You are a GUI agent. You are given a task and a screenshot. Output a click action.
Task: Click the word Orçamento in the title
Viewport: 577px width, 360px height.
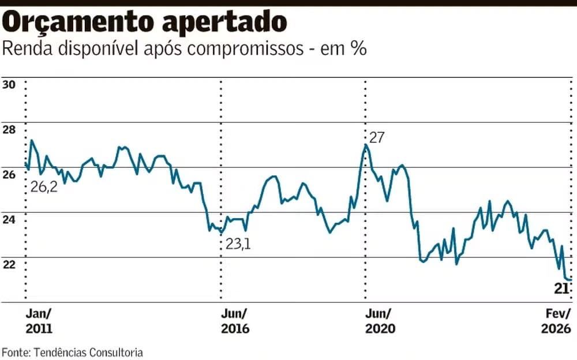(78, 22)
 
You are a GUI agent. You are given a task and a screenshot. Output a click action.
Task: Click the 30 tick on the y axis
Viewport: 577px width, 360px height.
(9, 84)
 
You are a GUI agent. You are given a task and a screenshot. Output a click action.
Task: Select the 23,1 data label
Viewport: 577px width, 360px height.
(238, 244)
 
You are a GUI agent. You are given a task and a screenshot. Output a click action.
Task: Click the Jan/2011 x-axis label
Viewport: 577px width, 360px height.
(39, 321)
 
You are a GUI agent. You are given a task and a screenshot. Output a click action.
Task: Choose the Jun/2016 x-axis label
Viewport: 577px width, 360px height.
(235, 321)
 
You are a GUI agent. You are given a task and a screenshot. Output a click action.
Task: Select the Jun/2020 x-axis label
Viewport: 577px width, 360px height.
(380, 321)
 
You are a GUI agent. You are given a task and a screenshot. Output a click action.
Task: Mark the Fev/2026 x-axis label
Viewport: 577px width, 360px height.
(557, 321)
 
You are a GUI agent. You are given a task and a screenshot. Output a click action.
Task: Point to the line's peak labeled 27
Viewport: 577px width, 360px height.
(366, 145)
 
